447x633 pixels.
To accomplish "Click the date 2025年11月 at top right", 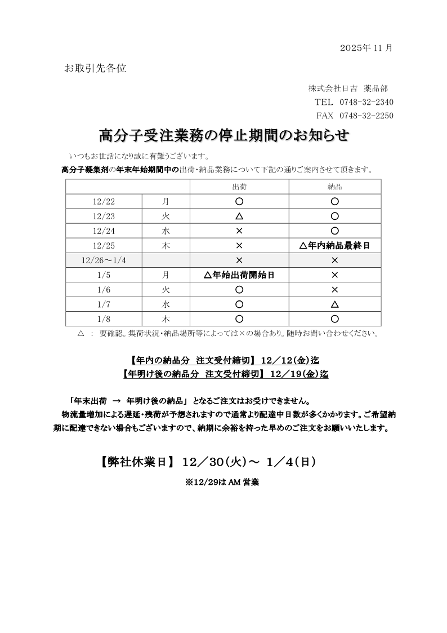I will click(366, 48).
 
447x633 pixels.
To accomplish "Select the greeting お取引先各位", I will click(95, 69).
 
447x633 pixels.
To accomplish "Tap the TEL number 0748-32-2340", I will click(366, 102).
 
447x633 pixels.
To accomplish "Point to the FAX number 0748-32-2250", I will click(366, 116).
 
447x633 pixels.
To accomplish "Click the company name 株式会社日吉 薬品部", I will click(348, 88).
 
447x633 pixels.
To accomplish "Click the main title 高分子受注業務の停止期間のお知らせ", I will click(223, 136).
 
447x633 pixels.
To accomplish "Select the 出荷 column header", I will click(239, 187).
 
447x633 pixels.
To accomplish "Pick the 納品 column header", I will click(334, 187).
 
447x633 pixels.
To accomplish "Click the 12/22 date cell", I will click(104, 201).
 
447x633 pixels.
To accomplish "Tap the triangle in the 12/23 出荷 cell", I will click(239, 216).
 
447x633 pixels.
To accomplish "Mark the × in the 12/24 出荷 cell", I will click(239, 231).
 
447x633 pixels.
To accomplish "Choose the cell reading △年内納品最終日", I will click(334, 246).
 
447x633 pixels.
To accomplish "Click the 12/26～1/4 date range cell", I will click(104, 260).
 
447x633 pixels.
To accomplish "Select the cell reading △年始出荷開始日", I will click(239, 275).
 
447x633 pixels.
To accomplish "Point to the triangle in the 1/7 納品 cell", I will click(334, 304).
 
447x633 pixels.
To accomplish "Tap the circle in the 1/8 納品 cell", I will click(334, 319).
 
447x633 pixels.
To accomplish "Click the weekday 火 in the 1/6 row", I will click(166, 290).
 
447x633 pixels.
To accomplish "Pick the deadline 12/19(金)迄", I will click(300, 373).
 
